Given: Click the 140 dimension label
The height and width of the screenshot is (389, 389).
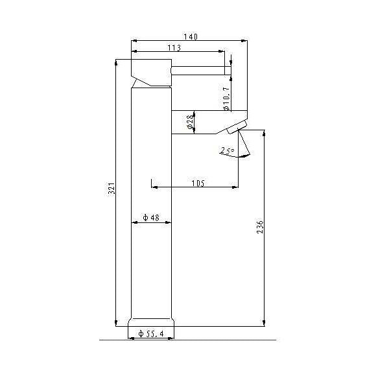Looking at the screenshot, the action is [191, 37].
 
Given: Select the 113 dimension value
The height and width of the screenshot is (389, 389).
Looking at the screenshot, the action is [174, 47].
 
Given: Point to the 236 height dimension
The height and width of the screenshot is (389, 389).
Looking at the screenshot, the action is [260, 226].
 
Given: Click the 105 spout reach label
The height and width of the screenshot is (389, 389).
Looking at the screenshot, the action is [198, 183].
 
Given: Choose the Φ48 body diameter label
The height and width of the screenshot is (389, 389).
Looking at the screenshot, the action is [151, 218].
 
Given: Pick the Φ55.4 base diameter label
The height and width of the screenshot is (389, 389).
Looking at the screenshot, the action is [151, 333].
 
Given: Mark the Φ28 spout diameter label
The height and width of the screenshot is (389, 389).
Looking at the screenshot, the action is [190, 122].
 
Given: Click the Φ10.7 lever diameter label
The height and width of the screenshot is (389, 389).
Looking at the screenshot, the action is [226, 99].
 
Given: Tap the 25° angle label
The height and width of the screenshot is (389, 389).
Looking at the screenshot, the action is [227, 150].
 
